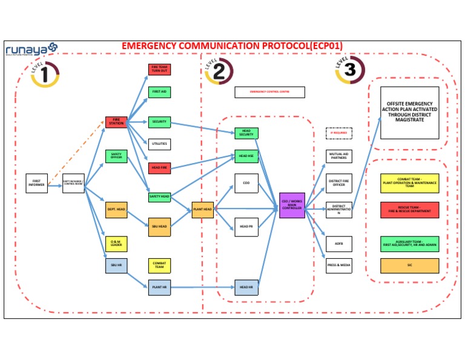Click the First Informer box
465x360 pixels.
click(x=36, y=183)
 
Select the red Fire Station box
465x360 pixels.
click(x=116, y=122)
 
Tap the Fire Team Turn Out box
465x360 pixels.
click(x=160, y=70)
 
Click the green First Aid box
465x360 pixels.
click(x=160, y=92)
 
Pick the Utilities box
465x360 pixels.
click(x=160, y=144)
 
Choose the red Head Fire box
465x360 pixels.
click(x=160, y=167)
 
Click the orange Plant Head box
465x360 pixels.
click(x=203, y=210)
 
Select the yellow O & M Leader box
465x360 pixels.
click(x=116, y=244)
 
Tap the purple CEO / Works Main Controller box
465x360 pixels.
click(x=292, y=205)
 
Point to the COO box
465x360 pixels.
click(x=246, y=183)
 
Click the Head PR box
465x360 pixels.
click(x=246, y=227)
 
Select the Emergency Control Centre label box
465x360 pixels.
click(x=269, y=92)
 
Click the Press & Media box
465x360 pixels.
click(x=339, y=265)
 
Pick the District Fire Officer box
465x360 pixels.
click(x=339, y=183)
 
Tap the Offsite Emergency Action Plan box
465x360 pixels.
click(x=409, y=113)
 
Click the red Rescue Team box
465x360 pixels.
click(x=409, y=210)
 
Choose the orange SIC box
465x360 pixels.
click(x=409, y=265)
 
